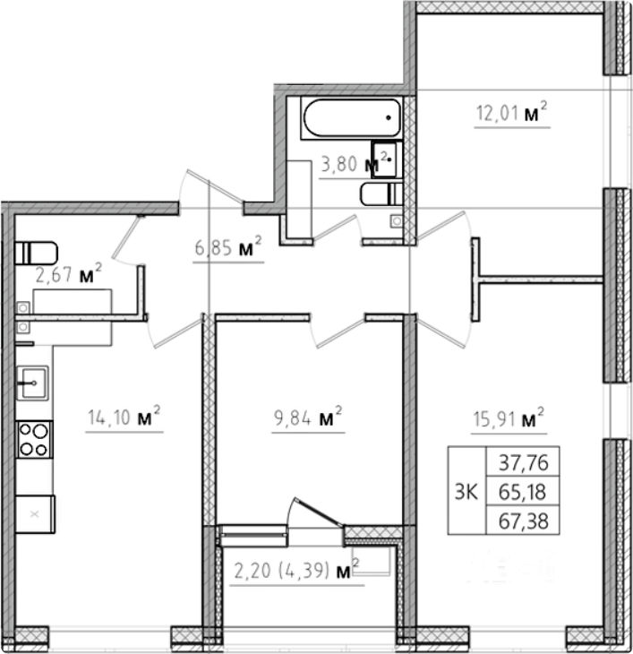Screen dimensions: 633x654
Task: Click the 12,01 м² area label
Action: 511,112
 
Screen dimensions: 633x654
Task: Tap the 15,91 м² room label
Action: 509,418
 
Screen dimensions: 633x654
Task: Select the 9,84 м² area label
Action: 308,417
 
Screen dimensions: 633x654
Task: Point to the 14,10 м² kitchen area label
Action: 124,417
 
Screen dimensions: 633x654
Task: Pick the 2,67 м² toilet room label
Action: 68,273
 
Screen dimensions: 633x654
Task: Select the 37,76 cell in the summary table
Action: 523,461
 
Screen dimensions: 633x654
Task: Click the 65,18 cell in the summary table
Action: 523,491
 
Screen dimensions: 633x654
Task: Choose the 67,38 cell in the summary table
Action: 523,521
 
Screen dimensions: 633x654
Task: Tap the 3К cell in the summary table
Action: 466,491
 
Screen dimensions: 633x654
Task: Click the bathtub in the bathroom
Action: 352,117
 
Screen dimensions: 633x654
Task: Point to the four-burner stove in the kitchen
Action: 34,440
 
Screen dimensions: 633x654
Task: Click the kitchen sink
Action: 32,383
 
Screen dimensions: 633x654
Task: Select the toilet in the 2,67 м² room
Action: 36,253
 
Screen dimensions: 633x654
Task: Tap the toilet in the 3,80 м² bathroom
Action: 381,194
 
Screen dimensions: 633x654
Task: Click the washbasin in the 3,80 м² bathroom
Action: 386,159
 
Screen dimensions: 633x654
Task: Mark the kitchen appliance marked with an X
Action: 35,514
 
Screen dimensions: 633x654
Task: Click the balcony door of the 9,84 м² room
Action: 315,512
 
